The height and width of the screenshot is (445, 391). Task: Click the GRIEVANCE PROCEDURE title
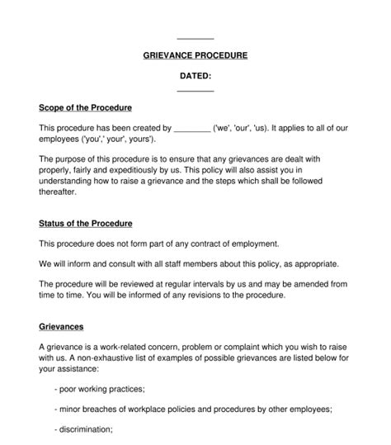[x=195, y=55]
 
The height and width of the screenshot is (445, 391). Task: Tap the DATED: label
[x=195, y=77]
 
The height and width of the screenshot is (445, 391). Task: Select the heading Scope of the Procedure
[x=86, y=107]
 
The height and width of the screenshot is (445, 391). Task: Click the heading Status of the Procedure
[x=86, y=224]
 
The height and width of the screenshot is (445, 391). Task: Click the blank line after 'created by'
[x=193, y=130]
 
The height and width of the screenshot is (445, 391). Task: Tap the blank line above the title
[x=195, y=39]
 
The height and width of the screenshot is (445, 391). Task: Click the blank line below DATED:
[x=195, y=90]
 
